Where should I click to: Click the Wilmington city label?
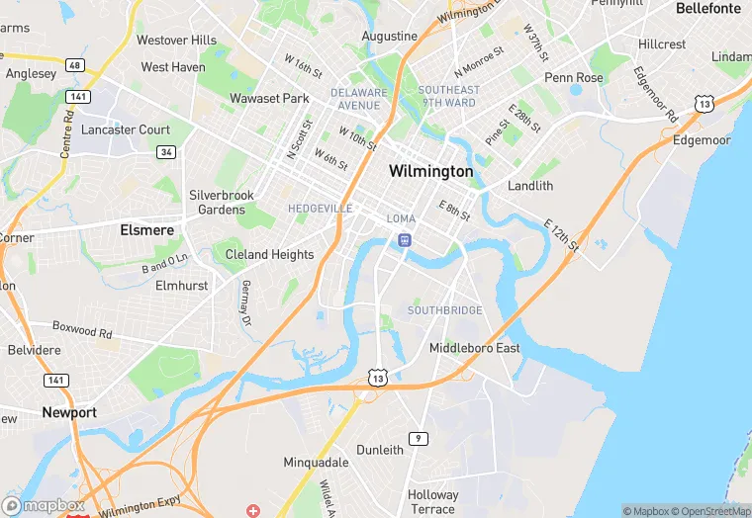tap(430, 171)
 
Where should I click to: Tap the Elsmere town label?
tap(146, 230)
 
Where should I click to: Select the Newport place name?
tap(69, 412)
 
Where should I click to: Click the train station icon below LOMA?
tap(404, 240)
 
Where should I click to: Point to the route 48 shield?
tap(75, 64)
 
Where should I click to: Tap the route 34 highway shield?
tap(166, 151)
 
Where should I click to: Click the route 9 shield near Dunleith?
tap(420, 438)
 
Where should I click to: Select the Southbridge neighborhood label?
tap(445, 310)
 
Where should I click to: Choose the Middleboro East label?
tap(475, 348)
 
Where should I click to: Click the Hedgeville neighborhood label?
tap(320, 209)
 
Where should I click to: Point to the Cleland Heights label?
tap(269, 254)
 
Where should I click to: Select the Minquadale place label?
tap(316, 463)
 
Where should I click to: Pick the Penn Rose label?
tap(573, 77)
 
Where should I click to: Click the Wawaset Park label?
tap(269, 98)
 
